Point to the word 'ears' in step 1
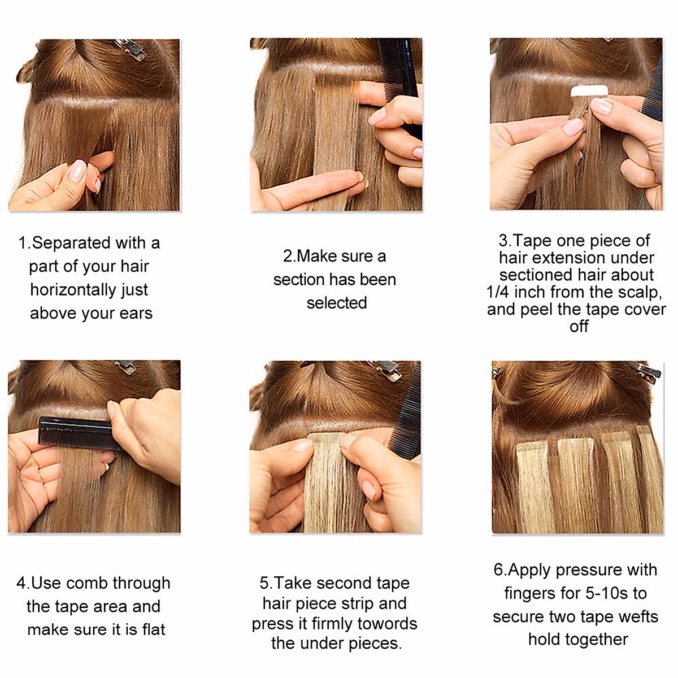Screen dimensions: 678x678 click(136, 313)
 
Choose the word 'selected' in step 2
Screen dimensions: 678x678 click(337, 303)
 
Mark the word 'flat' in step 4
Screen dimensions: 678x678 click(153, 629)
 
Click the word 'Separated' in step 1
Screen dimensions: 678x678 click(71, 243)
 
